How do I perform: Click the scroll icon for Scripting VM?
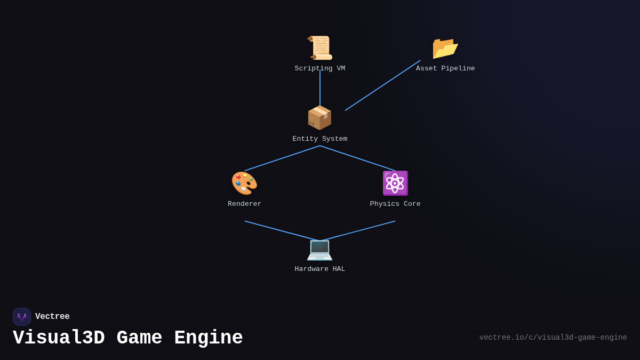point(319,48)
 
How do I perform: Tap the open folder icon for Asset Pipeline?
point(445,48)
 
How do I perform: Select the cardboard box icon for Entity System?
point(319,118)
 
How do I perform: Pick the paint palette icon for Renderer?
point(244,183)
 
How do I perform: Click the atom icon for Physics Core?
point(395,183)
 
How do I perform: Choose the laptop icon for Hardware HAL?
point(319,249)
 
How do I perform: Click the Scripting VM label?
point(319,69)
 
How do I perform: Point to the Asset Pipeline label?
point(445,69)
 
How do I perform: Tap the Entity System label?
point(319,139)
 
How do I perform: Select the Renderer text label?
point(244,204)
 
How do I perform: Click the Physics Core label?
point(395,204)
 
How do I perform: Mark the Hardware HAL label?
point(319,269)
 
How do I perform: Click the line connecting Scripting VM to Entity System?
point(320,88)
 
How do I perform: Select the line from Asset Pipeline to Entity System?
point(382,85)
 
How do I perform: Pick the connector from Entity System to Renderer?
point(282,158)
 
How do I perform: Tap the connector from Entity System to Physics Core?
point(357,158)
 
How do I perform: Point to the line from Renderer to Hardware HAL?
point(282,231)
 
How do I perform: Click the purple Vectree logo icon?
point(22,317)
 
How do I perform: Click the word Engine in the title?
point(208,338)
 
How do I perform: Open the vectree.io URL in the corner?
point(553,338)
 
